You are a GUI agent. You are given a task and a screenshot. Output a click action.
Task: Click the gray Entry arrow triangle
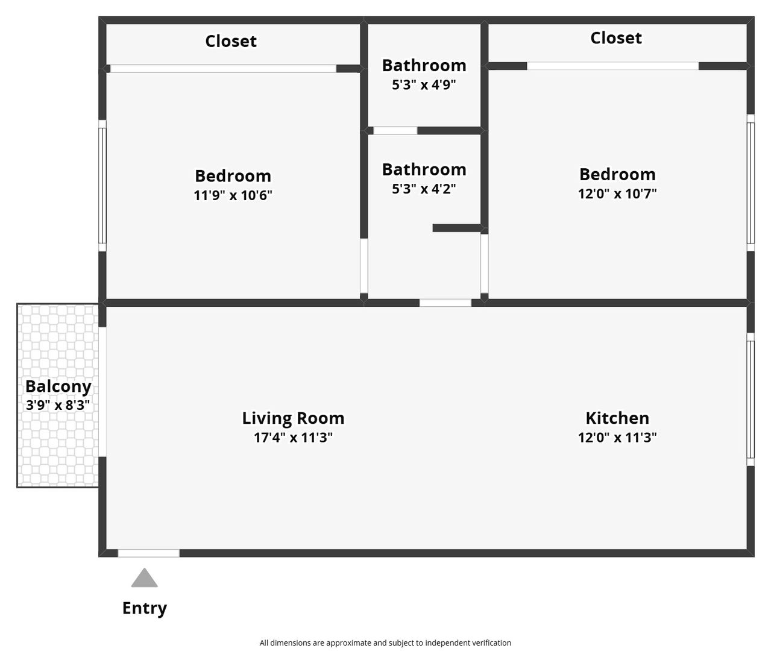(145, 578)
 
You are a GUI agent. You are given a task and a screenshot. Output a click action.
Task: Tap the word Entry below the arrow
(145, 608)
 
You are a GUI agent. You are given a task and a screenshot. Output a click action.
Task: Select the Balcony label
(58, 386)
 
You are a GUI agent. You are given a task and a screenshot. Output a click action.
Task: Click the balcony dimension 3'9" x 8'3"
(58, 406)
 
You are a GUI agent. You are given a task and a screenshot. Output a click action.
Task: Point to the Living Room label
(293, 418)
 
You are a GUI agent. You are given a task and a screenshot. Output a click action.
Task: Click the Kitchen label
(617, 418)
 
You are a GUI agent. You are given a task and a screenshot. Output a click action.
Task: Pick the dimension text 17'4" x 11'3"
(293, 438)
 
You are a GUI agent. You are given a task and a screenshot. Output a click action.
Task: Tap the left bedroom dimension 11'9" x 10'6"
(233, 195)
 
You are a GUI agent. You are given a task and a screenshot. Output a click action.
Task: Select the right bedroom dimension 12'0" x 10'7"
(617, 194)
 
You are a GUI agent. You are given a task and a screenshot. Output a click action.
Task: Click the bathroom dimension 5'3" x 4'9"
(424, 85)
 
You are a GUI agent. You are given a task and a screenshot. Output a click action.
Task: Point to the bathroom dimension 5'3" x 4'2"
(424, 189)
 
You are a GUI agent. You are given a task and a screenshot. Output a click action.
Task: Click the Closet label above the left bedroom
(231, 41)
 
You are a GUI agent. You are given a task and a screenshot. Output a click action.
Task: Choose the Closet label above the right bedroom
(616, 38)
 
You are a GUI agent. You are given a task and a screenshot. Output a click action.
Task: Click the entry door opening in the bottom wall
(148, 553)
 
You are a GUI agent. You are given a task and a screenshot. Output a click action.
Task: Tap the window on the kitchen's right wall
(751, 399)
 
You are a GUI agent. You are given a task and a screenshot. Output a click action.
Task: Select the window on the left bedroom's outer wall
(102, 186)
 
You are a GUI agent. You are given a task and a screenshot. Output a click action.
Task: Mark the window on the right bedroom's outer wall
(751, 183)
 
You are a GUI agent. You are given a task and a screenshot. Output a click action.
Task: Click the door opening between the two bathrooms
(395, 131)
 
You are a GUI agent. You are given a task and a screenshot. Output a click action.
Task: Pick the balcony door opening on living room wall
(102, 392)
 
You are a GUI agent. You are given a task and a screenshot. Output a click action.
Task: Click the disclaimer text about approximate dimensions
(385, 643)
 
